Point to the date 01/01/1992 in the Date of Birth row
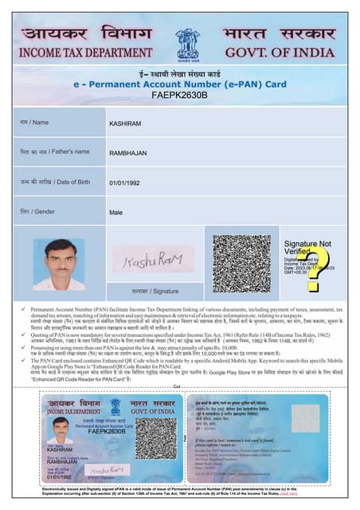(x=127, y=183)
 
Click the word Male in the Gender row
(x=116, y=213)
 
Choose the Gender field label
(x=40, y=213)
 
